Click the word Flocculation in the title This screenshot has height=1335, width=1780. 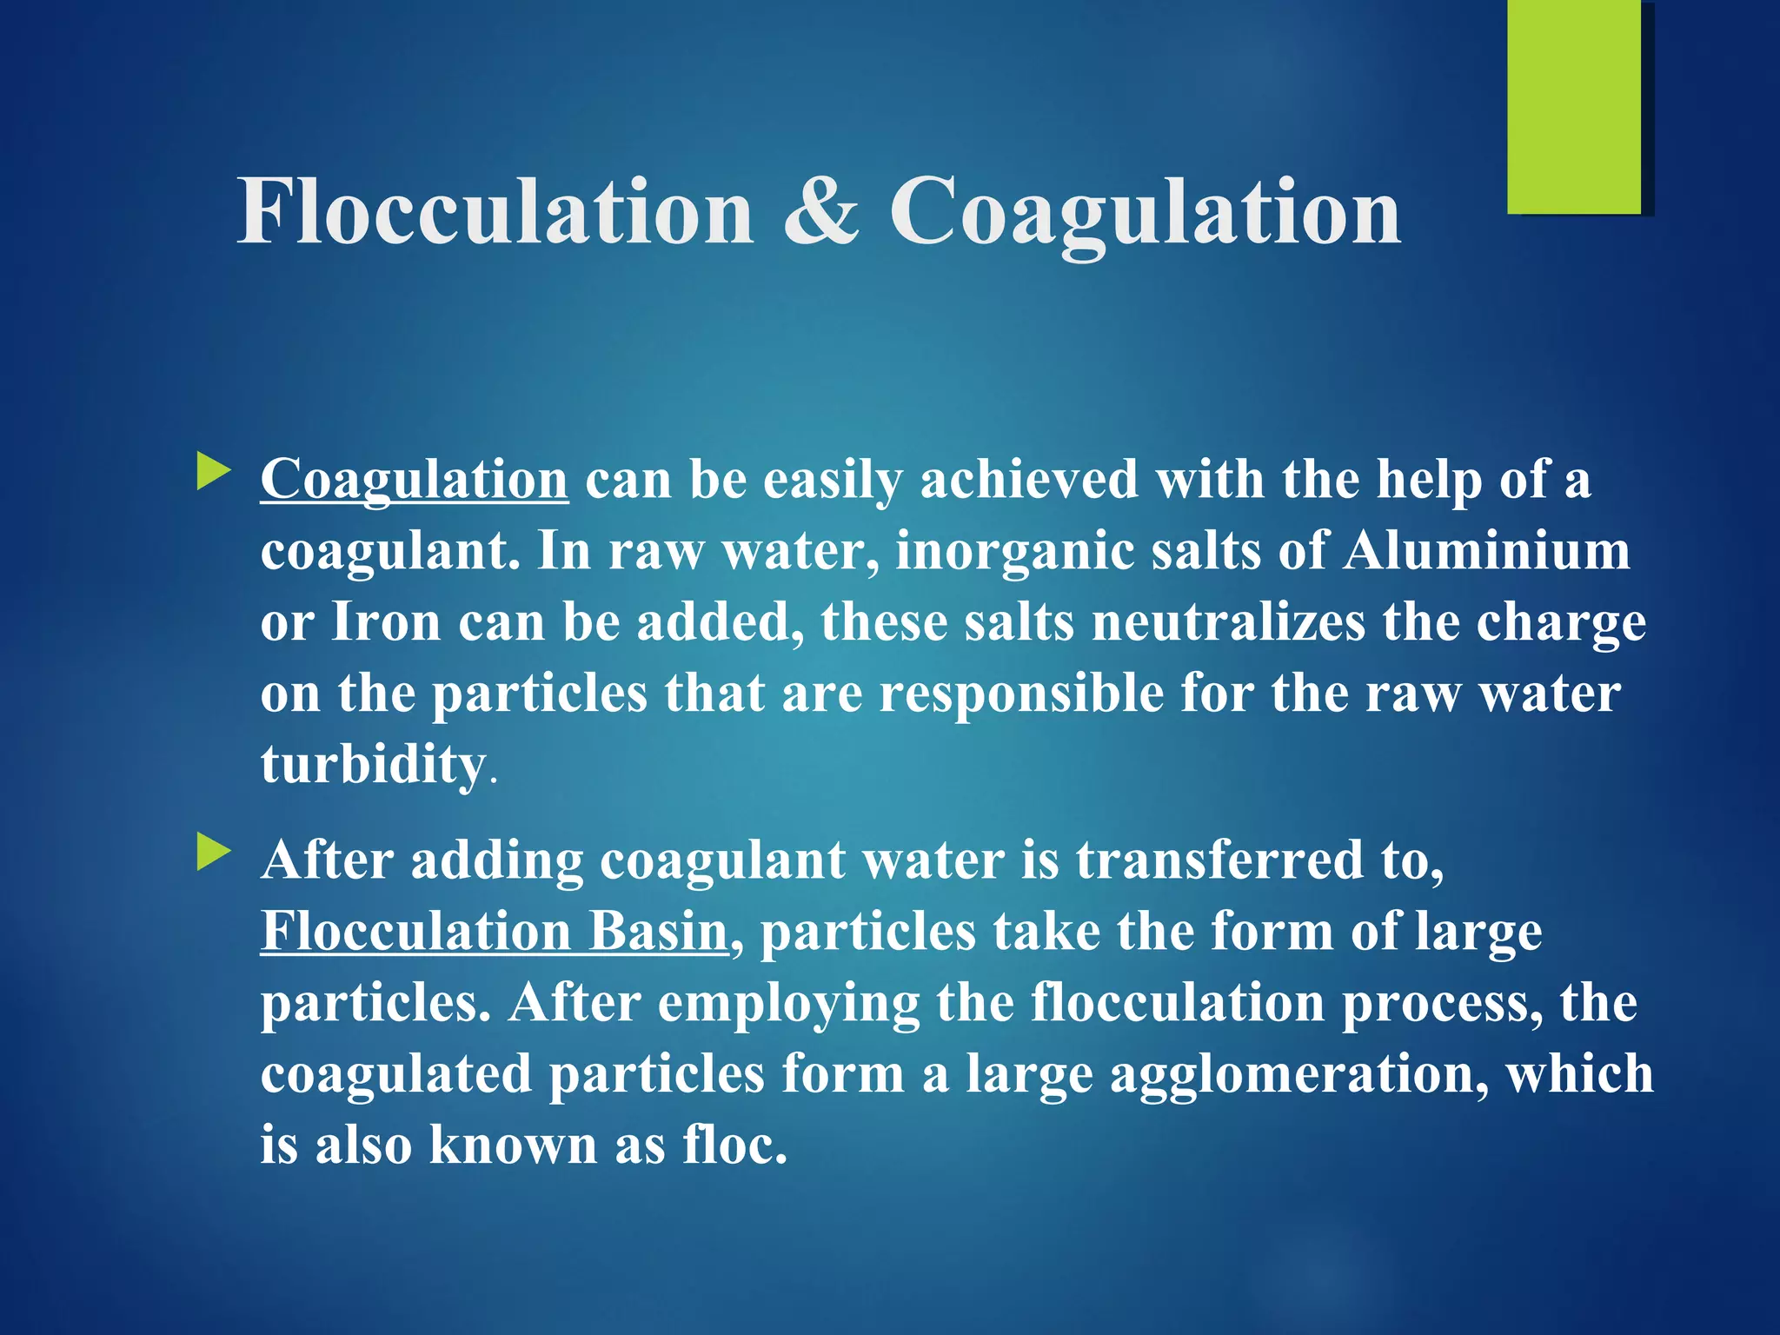(x=495, y=211)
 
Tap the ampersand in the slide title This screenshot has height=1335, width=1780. (x=820, y=211)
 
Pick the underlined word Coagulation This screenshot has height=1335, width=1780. (x=415, y=481)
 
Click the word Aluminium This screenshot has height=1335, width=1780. (x=1486, y=551)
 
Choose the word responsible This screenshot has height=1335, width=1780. (x=1020, y=694)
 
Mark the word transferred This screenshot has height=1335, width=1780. (x=1220, y=860)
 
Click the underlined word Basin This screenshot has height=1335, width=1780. (x=658, y=932)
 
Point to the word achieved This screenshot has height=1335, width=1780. (x=1028, y=481)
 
